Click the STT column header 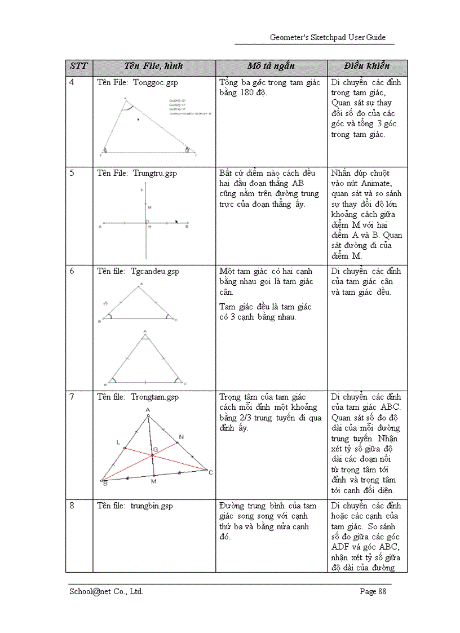[79, 67]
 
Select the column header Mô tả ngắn [271, 67]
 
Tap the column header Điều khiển [367, 67]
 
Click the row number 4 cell [72, 83]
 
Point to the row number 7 [72, 397]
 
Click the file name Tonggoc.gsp [156, 83]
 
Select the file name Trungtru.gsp [156, 173]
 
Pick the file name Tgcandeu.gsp [155, 271]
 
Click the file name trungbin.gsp [152, 506]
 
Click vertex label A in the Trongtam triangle [148, 410]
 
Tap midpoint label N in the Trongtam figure [181, 436]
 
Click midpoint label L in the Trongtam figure [118, 442]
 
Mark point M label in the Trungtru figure [149, 207]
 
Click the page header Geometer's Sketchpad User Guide [328, 37]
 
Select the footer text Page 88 [373, 591]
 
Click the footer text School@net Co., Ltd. [106, 591]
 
